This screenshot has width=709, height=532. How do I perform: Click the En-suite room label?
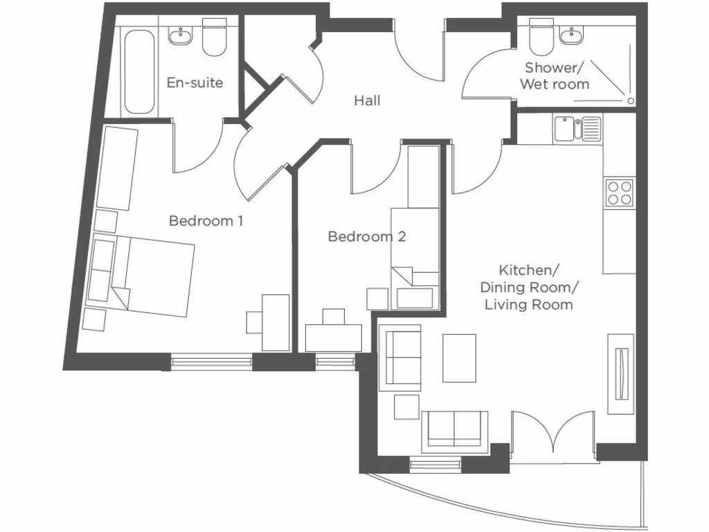click(195, 82)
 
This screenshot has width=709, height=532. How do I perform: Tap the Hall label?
click(367, 100)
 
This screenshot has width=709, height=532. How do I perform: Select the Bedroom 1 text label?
click(206, 221)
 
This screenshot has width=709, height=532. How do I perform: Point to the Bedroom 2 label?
click(366, 237)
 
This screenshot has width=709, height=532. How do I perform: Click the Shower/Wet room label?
click(557, 76)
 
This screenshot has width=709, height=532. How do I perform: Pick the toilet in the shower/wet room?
click(539, 39)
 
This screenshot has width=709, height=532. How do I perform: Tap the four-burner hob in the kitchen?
click(619, 192)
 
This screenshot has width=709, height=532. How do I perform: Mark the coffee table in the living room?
click(459, 357)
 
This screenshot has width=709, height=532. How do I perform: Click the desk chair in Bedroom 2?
click(334, 316)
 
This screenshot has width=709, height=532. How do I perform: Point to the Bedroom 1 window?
click(211, 361)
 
